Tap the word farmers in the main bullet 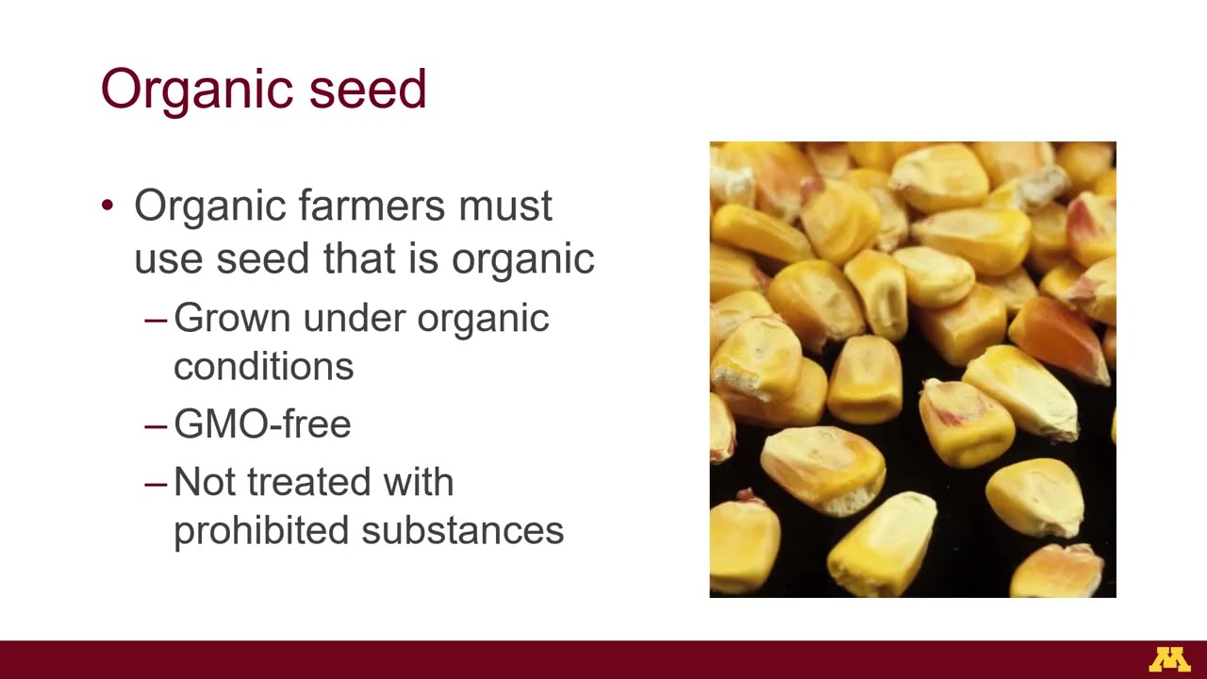coord(374,206)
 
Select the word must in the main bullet coord(505,206)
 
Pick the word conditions coord(263,366)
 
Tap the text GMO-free coord(262,424)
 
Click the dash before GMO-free coord(156,424)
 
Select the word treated coord(315,482)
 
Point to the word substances coord(463,530)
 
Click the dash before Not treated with coord(156,483)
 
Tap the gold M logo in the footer coord(1169,659)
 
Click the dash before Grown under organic coord(156,319)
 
